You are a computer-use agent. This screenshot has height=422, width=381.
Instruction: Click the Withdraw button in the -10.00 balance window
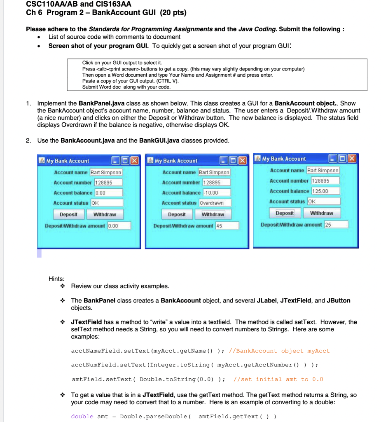coord(213,214)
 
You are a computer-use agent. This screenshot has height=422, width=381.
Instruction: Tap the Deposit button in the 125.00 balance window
coord(285,213)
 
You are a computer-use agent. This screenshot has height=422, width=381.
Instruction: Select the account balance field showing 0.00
coord(109,192)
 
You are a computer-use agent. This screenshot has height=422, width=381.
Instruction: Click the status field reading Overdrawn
coord(215,203)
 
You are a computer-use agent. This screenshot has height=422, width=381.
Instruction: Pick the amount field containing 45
coord(227,225)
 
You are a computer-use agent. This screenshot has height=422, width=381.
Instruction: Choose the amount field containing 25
coord(336,224)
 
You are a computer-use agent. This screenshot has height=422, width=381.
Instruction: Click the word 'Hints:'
coord(57,279)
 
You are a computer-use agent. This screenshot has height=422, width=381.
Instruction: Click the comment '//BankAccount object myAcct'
coord(281,351)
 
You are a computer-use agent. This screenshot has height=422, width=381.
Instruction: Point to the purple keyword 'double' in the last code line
coord(82,416)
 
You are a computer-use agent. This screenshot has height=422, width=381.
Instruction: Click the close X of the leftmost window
coord(135,161)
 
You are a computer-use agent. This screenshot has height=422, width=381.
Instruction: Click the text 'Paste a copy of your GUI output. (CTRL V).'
coord(131,81)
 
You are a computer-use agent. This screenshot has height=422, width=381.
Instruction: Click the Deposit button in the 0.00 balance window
coord(68,214)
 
